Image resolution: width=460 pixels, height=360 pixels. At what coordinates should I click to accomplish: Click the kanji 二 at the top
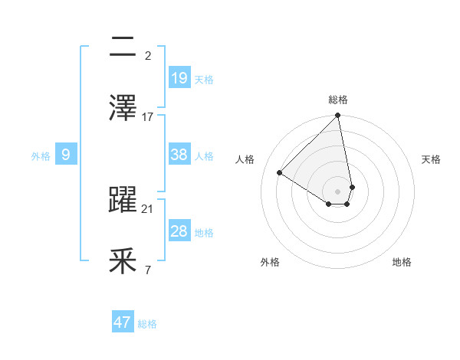123,47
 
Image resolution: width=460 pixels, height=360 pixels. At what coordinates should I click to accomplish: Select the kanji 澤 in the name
123,108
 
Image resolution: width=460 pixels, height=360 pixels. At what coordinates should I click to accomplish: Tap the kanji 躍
123,201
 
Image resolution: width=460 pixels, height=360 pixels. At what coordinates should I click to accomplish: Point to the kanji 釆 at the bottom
123,262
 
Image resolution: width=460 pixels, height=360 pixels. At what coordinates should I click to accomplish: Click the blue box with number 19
179,77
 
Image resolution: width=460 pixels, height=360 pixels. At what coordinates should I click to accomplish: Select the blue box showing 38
179,155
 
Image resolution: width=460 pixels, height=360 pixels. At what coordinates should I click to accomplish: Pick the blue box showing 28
179,231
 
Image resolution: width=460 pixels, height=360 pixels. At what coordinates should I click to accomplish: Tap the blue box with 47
123,322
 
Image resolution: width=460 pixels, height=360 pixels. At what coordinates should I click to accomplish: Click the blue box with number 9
66,155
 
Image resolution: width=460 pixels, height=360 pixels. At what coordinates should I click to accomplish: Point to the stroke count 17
148,117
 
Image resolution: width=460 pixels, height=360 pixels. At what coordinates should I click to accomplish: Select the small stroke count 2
148,55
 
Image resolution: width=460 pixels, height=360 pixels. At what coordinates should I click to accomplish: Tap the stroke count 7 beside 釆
148,270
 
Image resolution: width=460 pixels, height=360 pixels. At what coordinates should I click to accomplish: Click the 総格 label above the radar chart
338,100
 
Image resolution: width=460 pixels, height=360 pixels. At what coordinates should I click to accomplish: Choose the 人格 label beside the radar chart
245,159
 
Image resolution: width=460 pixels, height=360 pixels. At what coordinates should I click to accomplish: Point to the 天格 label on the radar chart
431,159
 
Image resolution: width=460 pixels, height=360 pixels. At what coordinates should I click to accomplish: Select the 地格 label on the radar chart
402,262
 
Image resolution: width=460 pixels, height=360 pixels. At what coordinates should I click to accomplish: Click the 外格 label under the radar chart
270,262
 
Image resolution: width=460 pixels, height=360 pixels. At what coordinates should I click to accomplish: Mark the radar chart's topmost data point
337,116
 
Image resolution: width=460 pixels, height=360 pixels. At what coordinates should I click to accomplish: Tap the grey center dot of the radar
337,191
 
